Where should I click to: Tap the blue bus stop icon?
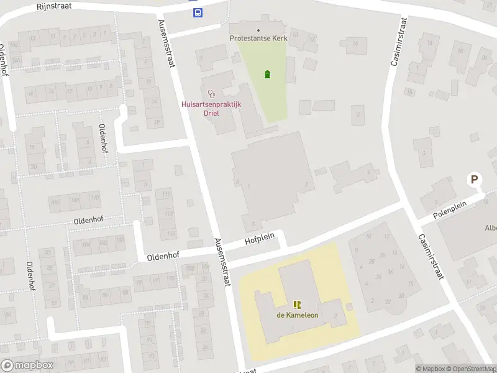198,12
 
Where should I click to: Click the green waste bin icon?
267,75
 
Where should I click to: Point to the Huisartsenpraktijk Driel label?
211,109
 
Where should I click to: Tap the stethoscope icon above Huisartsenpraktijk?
211,94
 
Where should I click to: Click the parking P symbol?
475,180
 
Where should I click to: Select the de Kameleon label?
297,315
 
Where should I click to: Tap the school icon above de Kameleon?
297,304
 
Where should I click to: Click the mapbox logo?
27,366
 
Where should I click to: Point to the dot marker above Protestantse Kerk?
258,30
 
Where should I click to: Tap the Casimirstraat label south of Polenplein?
430,256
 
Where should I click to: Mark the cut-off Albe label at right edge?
490,228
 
